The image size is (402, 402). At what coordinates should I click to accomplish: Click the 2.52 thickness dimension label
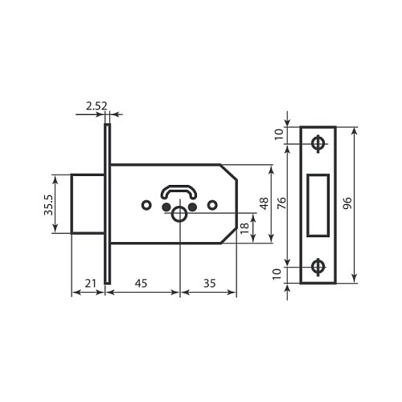tap(96, 106)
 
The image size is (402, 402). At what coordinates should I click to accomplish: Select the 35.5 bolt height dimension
tap(48, 205)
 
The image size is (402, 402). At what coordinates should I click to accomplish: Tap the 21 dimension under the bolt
tap(90, 283)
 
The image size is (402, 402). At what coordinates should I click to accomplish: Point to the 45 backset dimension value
tap(141, 283)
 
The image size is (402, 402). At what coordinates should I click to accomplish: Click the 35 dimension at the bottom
tap(209, 283)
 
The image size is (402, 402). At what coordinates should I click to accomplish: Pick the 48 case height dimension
tap(265, 203)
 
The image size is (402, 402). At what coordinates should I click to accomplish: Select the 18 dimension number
tap(244, 228)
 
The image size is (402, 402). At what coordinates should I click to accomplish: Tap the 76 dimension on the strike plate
tap(281, 203)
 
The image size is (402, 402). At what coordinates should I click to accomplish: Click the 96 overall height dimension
tap(347, 203)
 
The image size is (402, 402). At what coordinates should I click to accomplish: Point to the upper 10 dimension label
tap(279, 134)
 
